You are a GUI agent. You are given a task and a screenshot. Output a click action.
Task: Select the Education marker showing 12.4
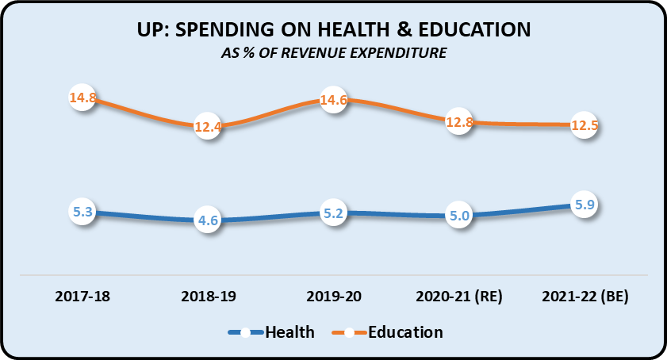point(207,126)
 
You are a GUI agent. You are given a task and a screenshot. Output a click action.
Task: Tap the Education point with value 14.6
point(333,101)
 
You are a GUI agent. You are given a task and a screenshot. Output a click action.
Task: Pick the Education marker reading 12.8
point(458,122)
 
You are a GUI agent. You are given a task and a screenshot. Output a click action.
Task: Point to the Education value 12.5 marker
point(583,125)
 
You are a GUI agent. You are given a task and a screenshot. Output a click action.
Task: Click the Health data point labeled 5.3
point(82,213)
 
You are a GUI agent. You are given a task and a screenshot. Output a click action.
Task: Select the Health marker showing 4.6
point(207,221)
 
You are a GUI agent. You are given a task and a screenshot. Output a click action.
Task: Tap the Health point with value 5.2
point(333,213)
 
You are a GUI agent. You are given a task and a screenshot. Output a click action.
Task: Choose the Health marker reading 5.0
point(458,216)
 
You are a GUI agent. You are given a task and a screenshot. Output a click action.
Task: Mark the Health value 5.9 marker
point(583,205)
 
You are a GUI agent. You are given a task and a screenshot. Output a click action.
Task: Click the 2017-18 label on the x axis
point(82,297)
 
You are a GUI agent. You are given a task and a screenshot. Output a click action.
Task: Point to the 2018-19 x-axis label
point(207,297)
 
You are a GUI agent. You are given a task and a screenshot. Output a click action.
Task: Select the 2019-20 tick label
point(333,297)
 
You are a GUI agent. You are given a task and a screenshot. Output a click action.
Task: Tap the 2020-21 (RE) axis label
point(458,297)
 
